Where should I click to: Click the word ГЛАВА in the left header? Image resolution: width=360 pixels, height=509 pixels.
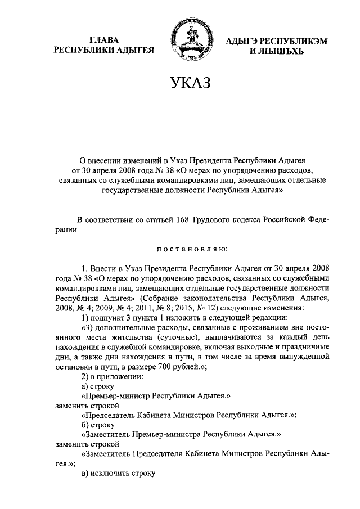click(x=104, y=39)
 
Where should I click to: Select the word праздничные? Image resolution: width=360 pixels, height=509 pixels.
click(x=303, y=345)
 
